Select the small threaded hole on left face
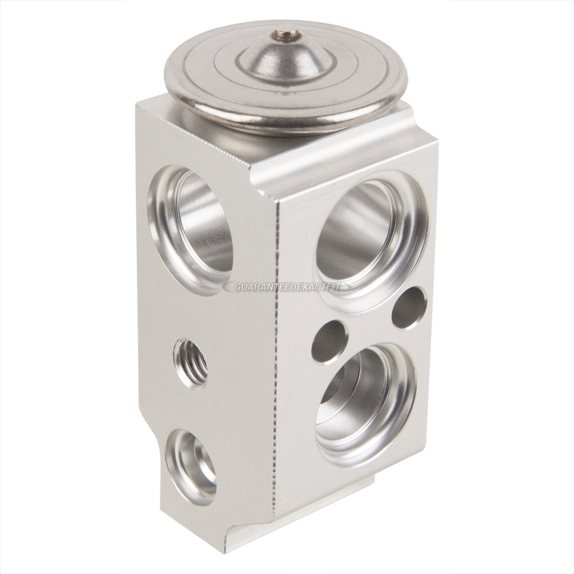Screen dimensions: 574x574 click(189, 364)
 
